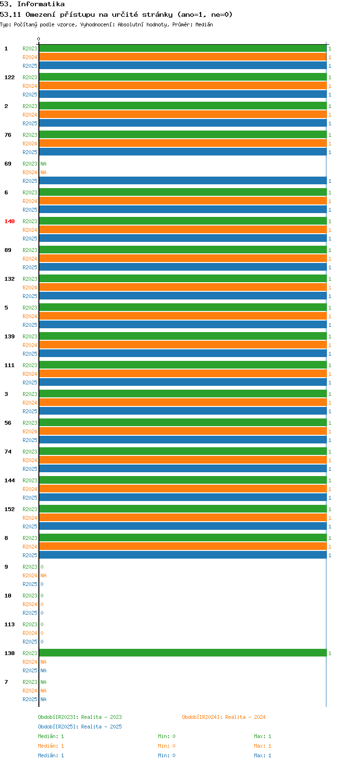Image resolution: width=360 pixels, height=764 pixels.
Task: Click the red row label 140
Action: [x=10, y=221]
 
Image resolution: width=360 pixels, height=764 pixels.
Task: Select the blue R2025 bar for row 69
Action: [x=183, y=181]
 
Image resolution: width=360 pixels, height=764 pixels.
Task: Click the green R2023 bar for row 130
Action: [x=183, y=653]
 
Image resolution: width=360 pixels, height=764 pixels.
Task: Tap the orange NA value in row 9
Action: [x=43, y=575]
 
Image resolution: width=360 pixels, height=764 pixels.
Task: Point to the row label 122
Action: [x=10, y=77]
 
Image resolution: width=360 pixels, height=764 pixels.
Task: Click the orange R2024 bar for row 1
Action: [x=183, y=57]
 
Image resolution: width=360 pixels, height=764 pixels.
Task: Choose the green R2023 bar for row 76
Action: [x=183, y=135]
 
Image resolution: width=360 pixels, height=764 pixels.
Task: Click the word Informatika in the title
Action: [x=41, y=4]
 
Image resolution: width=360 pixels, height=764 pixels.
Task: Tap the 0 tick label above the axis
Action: [x=38, y=39]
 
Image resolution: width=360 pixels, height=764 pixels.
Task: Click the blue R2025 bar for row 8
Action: [x=183, y=555]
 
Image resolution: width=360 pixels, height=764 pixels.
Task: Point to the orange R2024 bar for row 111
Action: [x=183, y=374]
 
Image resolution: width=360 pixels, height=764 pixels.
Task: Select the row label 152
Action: [x=10, y=509]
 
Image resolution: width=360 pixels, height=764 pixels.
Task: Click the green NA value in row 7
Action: [x=43, y=682]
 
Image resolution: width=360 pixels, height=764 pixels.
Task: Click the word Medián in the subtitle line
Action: [x=204, y=24]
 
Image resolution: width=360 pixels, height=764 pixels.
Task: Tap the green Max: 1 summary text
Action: [x=263, y=736]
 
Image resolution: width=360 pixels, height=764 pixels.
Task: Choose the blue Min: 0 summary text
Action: [x=167, y=755]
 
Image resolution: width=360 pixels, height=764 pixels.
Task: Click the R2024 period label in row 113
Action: [x=30, y=633]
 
